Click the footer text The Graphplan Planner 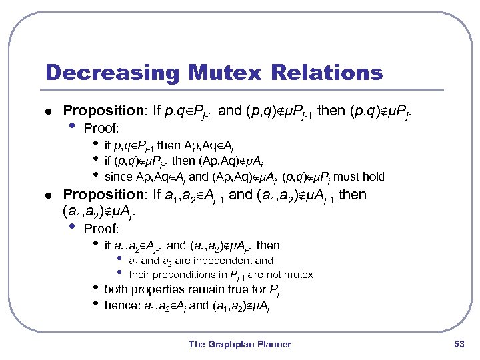(240, 344)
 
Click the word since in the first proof (119, 177)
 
